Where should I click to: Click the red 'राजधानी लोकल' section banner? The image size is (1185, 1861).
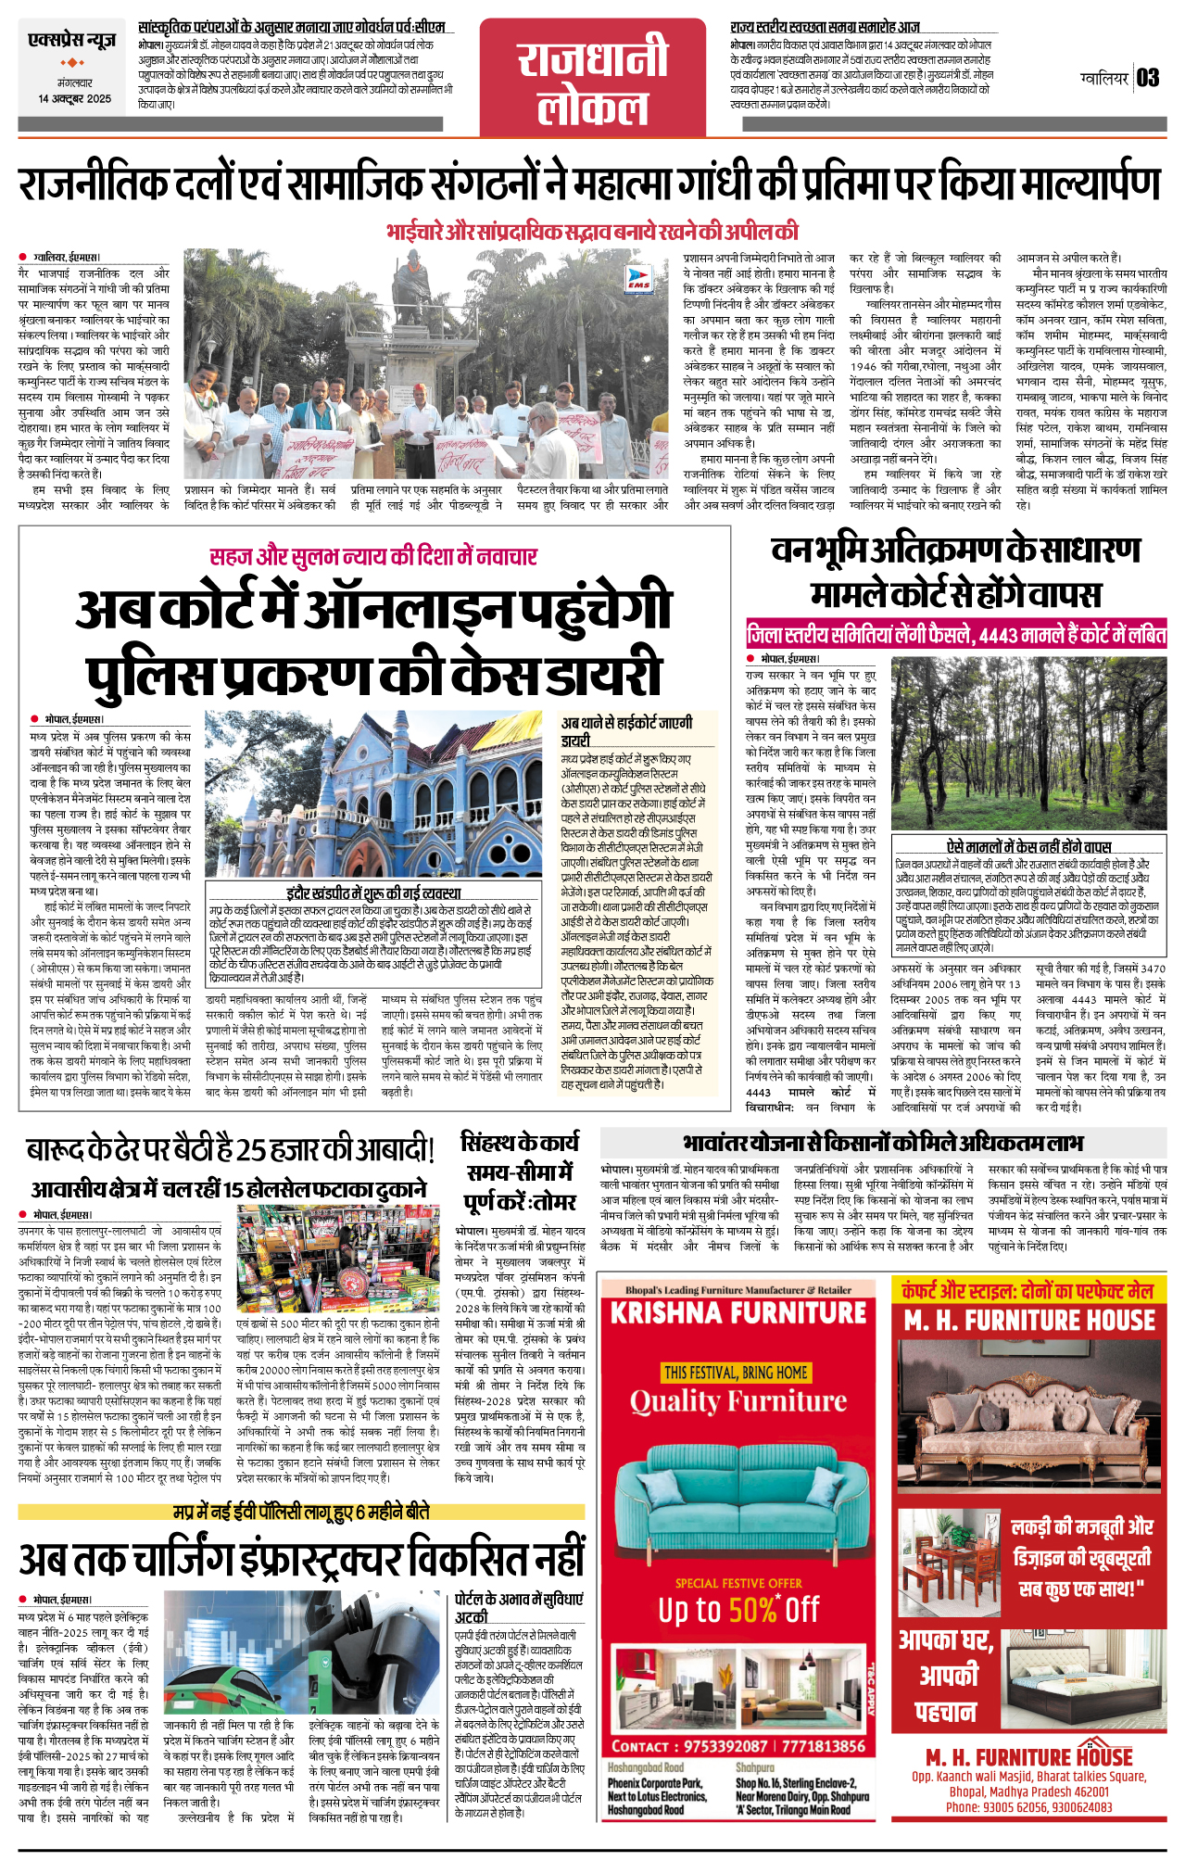pos(592,78)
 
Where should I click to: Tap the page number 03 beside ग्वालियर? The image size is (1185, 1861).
pos(1148,78)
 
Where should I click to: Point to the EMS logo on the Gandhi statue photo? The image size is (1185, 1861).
pos(638,279)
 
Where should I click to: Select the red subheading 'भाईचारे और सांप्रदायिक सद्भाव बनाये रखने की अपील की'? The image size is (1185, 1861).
pos(592,232)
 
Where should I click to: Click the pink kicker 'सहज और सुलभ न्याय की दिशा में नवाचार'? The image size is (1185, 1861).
pos(373,556)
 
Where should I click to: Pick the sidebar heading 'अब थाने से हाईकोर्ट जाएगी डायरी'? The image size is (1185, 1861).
pos(626,731)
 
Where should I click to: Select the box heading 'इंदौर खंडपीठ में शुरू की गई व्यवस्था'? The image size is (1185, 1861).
pos(373,893)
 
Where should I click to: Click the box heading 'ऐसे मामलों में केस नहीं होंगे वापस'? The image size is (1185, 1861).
pos(1028,846)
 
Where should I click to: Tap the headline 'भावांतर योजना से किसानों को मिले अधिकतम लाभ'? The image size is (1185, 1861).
pos(883,1143)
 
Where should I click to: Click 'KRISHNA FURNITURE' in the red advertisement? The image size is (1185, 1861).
pos(737,1313)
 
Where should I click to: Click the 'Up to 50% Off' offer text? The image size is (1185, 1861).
pos(738,1610)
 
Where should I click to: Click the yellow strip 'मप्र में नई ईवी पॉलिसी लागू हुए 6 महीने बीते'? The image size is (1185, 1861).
pos(302,1512)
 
